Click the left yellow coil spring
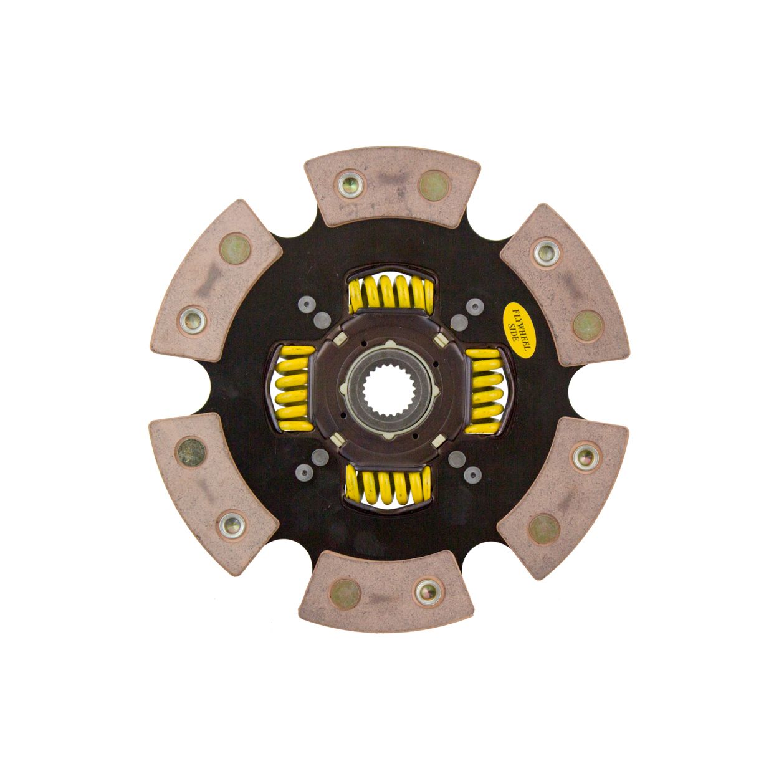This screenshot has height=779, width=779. click(x=294, y=388)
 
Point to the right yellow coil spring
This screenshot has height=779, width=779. click(x=484, y=391)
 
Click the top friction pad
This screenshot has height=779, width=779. click(x=392, y=186)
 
